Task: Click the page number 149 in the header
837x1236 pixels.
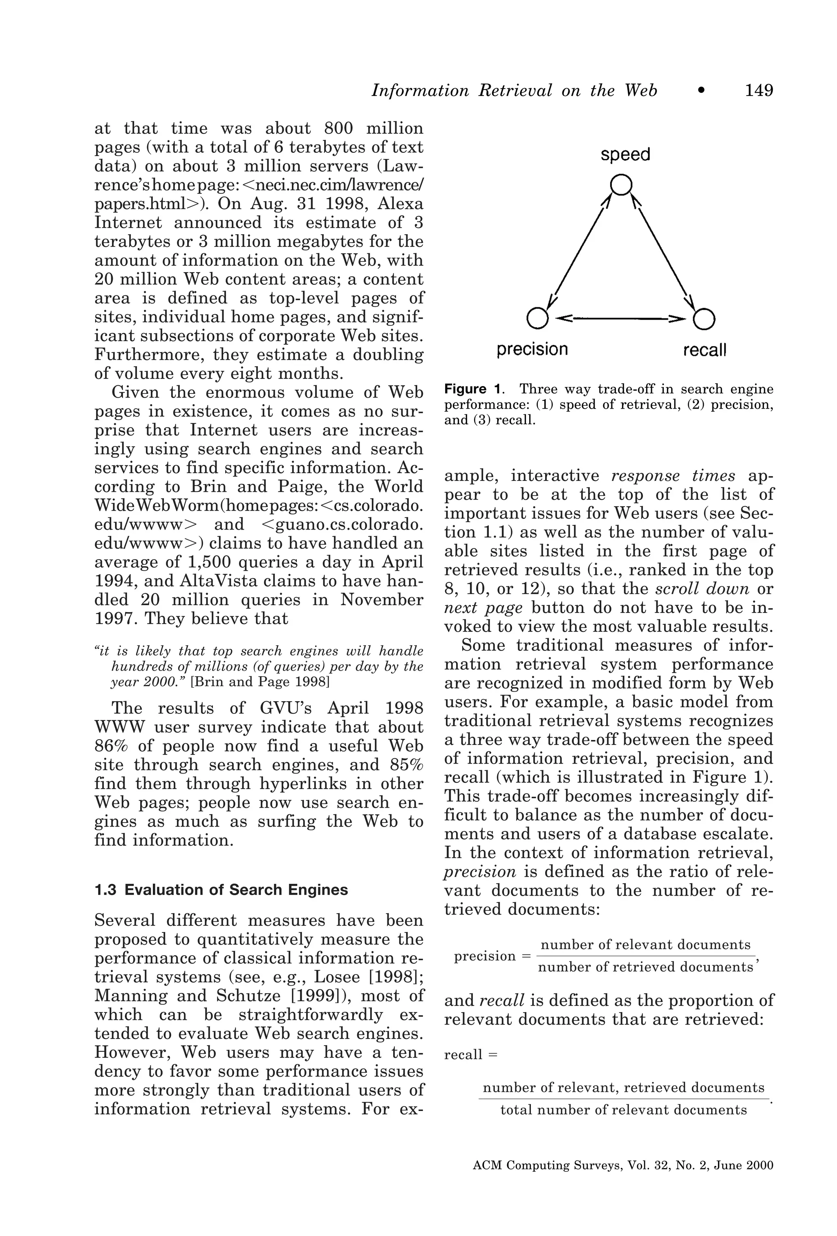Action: [x=759, y=91]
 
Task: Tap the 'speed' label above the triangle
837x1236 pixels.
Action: [x=625, y=155]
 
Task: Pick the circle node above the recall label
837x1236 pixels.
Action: [x=704, y=319]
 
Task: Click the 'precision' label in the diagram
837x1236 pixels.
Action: [x=532, y=349]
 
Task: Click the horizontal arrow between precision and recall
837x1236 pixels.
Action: [x=620, y=319]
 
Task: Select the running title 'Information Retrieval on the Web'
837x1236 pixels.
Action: [x=514, y=91]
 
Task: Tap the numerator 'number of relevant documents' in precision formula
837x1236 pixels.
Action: [x=645, y=945]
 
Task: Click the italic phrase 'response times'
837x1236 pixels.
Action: [x=673, y=476]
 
